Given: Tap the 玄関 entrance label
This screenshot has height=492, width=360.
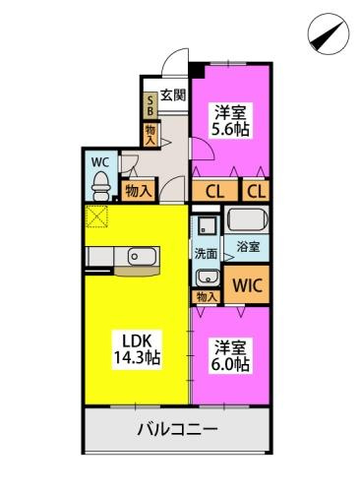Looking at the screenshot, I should [x=172, y=95].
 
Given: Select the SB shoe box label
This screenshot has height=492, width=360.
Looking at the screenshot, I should [x=150, y=104].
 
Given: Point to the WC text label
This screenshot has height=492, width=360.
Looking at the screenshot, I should [x=99, y=160].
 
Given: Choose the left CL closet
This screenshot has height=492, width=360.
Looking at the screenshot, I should [x=213, y=191].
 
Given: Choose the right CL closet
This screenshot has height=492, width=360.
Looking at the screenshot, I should [x=255, y=191].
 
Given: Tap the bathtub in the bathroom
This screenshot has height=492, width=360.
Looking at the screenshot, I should [x=247, y=217].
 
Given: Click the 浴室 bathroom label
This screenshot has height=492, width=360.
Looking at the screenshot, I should [x=247, y=247].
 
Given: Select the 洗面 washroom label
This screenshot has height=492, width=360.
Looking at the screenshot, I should [x=206, y=253].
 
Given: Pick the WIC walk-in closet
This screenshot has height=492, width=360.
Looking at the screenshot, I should [x=247, y=286].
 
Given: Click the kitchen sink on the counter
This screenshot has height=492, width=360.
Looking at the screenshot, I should [x=139, y=258].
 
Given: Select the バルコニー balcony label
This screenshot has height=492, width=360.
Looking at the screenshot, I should [x=178, y=429].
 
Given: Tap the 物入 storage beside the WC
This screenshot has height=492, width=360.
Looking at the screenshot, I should [x=137, y=191].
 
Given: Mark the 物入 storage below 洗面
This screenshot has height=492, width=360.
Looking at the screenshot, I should [x=207, y=295].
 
